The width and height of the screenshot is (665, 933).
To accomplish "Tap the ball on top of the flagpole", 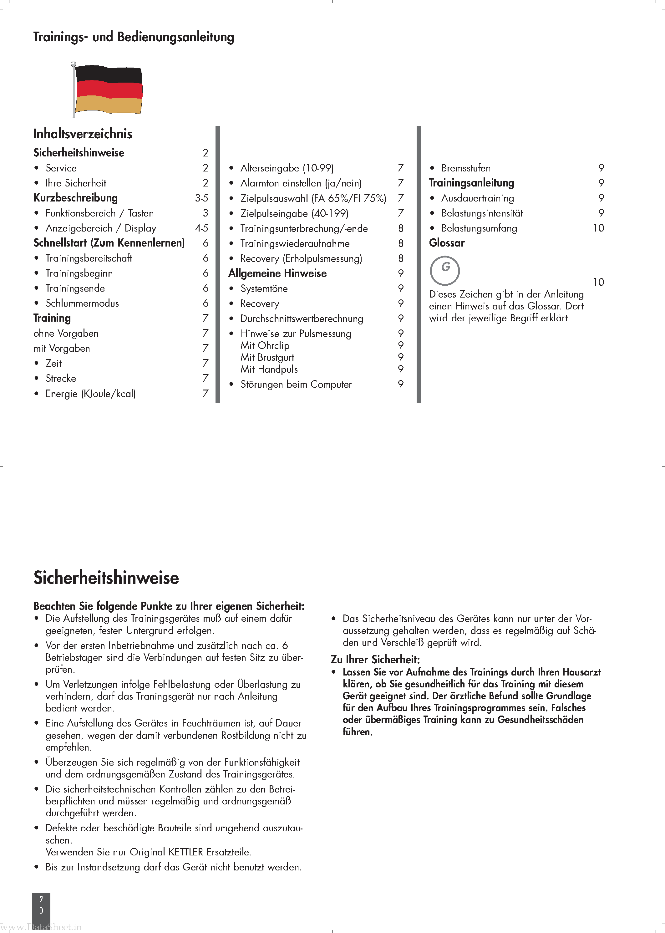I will [x=73, y=64].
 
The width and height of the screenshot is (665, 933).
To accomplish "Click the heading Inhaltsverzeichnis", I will [x=83, y=134].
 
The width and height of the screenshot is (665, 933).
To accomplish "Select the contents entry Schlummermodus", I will [x=82, y=303].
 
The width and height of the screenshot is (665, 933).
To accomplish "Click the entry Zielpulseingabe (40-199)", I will [x=294, y=213].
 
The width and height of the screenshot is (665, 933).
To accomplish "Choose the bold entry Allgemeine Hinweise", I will [x=277, y=273].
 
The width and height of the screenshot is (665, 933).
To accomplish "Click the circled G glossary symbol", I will [x=445, y=270].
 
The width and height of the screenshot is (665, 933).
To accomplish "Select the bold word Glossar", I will [x=447, y=243].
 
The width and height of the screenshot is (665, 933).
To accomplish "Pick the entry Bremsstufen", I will [x=465, y=168].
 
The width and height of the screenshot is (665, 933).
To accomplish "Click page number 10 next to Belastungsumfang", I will [x=598, y=228].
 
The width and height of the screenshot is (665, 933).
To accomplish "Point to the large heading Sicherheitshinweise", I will [x=106, y=578].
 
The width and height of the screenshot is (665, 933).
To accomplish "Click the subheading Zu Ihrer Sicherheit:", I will [x=375, y=660].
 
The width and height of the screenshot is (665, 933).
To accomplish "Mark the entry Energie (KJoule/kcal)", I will [x=90, y=394].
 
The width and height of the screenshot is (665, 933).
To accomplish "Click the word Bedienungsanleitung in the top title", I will [x=176, y=37].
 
